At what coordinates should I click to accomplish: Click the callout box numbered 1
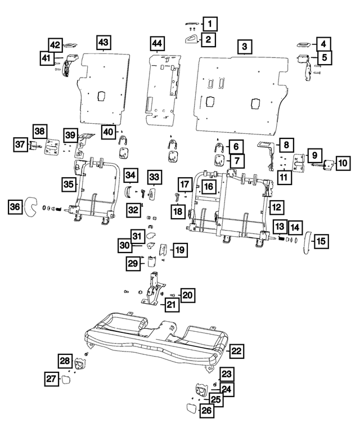tap(210, 24)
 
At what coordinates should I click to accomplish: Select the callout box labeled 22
tap(237, 351)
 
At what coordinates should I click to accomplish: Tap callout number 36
tap(17, 208)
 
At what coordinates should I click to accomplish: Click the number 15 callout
tap(321, 241)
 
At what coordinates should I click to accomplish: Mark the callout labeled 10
tap(342, 163)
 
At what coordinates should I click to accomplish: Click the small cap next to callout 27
tap(67, 379)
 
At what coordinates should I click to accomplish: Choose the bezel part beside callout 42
tap(71, 44)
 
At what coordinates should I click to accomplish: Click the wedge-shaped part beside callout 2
tap(191, 39)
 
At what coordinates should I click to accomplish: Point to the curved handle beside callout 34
tap(128, 191)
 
